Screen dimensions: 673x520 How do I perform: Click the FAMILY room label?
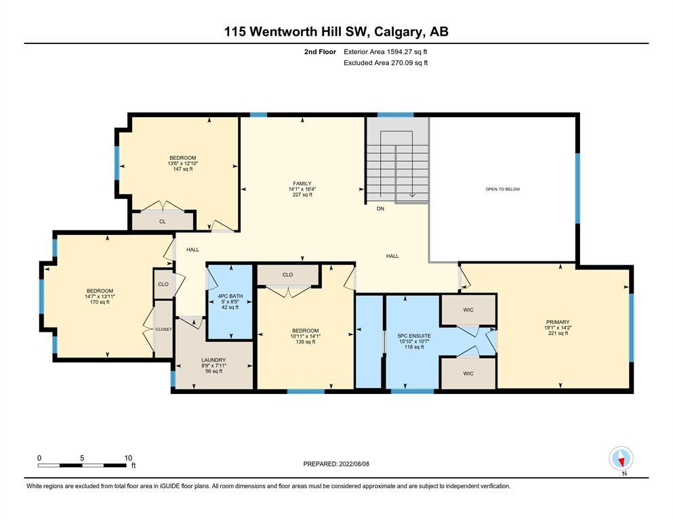(x=302, y=183)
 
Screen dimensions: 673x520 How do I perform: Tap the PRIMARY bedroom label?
(x=558, y=322)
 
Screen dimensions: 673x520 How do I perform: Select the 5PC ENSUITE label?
(x=413, y=336)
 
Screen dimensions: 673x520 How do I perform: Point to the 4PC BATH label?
(x=230, y=296)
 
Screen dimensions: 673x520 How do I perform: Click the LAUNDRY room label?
(x=213, y=360)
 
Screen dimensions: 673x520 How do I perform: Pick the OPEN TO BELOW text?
(x=503, y=189)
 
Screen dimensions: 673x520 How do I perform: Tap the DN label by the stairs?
(x=380, y=209)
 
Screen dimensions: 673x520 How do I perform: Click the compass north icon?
(x=621, y=458)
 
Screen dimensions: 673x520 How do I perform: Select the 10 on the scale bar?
(x=128, y=458)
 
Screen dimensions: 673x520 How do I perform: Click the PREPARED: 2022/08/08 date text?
(x=336, y=464)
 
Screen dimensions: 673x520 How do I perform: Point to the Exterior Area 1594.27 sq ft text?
(x=386, y=52)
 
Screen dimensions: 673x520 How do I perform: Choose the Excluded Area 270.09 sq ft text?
(x=386, y=62)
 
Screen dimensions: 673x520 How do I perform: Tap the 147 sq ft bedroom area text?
(x=183, y=169)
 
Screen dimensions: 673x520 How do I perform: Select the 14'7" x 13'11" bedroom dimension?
(x=100, y=297)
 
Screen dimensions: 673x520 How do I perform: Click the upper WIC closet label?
(x=468, y=309)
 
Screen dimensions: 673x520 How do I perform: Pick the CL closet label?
(x=162, y=221)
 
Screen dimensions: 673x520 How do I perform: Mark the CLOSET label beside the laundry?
(x=163, y=329)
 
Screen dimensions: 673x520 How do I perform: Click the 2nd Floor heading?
(x=320, y=52)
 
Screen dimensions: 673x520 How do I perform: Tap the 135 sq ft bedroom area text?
(x=306, y=342)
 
